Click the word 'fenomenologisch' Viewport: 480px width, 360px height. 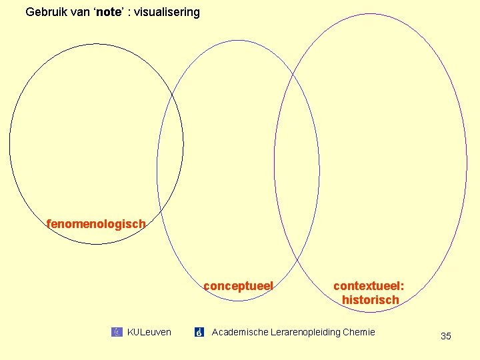coord(96,224)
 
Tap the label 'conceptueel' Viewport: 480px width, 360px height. coord(238,286)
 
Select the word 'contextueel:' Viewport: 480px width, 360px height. coord(369,286)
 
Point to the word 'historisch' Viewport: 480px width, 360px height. coord(370,300)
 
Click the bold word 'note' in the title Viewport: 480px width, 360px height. coord(107,12)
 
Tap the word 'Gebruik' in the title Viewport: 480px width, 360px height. coord(45,12)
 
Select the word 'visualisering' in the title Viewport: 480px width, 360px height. coord(166,12)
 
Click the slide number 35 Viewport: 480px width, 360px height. coord(446,336)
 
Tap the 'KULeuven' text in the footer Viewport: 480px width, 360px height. coord(149,332)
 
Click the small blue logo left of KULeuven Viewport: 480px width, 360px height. coord(117,332)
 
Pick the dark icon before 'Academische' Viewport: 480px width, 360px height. coord(199,332)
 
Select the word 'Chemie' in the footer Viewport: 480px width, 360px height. coord(359,332)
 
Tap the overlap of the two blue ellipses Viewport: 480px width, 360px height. coord(306,167)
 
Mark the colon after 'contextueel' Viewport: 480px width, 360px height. coord(402,286)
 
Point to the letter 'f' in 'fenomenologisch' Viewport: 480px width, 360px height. coord(49,224)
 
